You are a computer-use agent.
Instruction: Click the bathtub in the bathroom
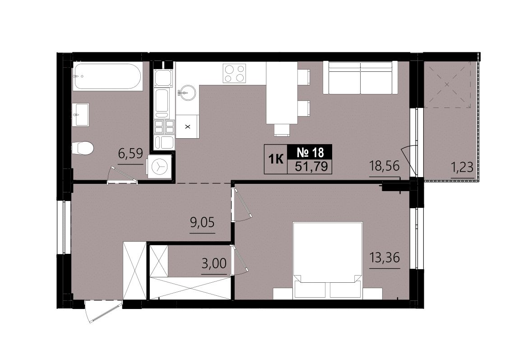coord(107,77)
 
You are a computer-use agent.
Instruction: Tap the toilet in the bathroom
coord(83,148)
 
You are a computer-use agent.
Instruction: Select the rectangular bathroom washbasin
coord(81,115)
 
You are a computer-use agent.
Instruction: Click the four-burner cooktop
coord(235,73)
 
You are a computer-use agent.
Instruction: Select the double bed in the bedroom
coord(328,260)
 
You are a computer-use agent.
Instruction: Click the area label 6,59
coord(131,154)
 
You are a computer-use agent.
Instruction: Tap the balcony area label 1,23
coord(462,167)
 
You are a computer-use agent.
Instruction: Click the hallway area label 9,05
coord(203,222)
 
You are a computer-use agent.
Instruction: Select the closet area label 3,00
coord(214,263)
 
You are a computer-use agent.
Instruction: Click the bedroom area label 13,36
coord(385,257)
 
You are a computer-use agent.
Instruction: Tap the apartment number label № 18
coord(311,153)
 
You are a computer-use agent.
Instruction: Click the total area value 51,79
coord(311,166)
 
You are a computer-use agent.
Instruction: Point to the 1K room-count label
coord(276,159)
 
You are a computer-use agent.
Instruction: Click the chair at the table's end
coord(282,130)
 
